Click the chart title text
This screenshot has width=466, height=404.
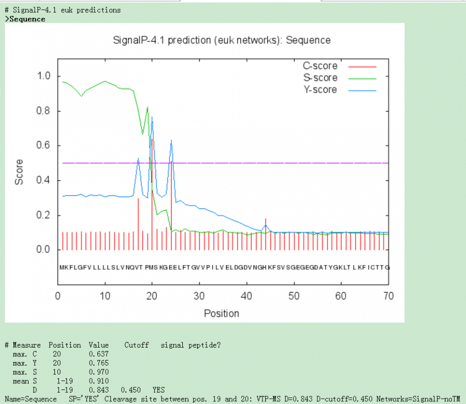tap(222, 40)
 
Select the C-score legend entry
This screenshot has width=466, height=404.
tap(320, 66)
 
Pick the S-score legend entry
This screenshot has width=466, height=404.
tap(320, 78)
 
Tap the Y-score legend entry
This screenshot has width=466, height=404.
tap(320, 90)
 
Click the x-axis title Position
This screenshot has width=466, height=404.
tap(222, 313)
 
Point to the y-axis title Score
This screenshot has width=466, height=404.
tap(19, 172)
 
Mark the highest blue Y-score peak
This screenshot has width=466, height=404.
tap(152, 118)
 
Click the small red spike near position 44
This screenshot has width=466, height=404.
tap(265, 219)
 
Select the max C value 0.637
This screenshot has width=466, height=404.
tap(98, 354)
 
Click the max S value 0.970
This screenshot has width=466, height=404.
tap(98, 371)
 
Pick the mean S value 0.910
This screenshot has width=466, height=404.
tap(98, 381)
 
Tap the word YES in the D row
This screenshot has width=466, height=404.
tap(159, 389)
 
